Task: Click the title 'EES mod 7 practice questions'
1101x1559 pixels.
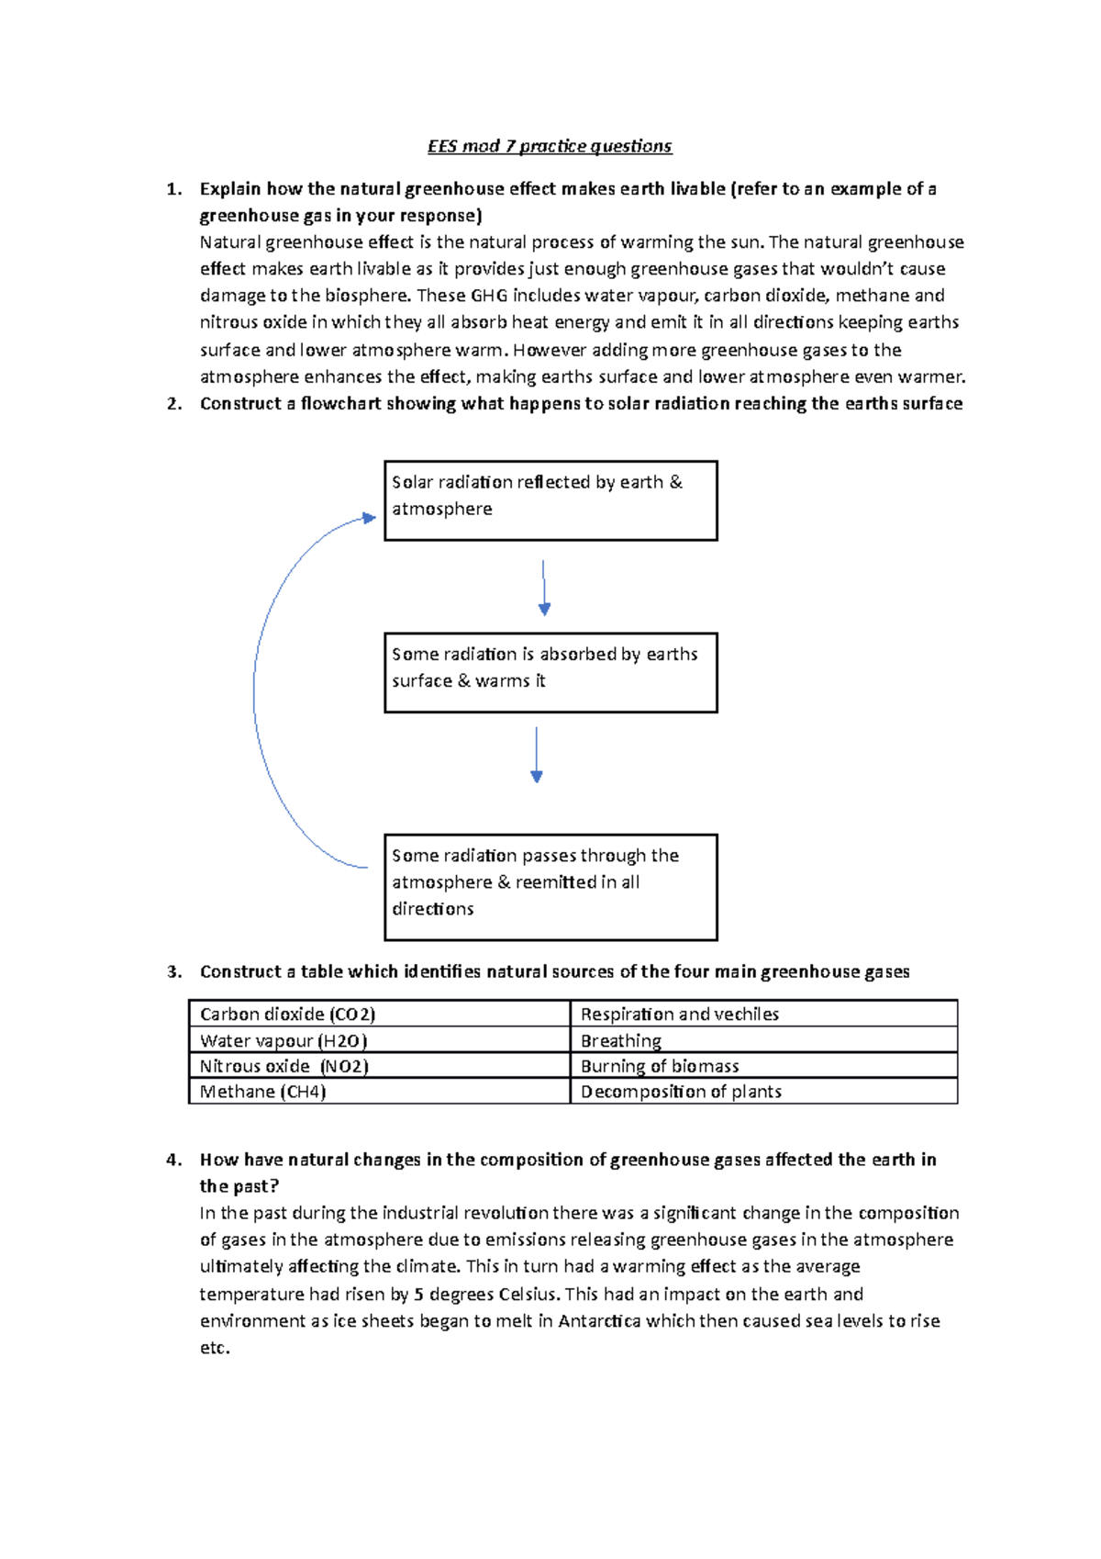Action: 550,146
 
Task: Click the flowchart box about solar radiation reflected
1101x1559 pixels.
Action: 550,500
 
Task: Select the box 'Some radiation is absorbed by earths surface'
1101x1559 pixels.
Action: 550,672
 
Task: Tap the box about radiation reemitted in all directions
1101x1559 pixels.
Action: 550,887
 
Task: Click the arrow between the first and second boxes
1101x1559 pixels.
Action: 544,588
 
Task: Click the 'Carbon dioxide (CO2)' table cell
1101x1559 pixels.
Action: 379,1014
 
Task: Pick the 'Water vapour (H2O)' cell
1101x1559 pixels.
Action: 379,1040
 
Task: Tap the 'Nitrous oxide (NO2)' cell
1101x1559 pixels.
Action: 379,1066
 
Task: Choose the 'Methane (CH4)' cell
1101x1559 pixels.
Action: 379,1092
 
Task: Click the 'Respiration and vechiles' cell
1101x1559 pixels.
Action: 763,1014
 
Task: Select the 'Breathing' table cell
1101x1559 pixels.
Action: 763,1040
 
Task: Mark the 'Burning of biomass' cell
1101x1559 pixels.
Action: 763,1066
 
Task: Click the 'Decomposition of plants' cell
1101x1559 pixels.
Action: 763,1092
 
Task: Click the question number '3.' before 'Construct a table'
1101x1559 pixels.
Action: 174,971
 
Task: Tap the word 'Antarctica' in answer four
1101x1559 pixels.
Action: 599,1321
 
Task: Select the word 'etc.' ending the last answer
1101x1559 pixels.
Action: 215,1348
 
